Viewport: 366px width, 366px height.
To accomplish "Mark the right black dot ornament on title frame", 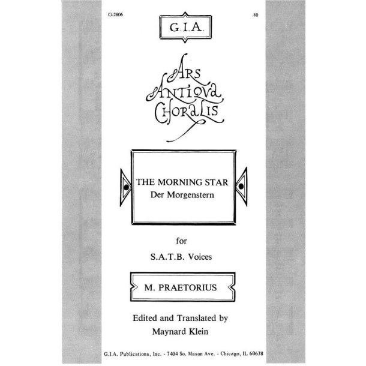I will pos(241,187).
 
